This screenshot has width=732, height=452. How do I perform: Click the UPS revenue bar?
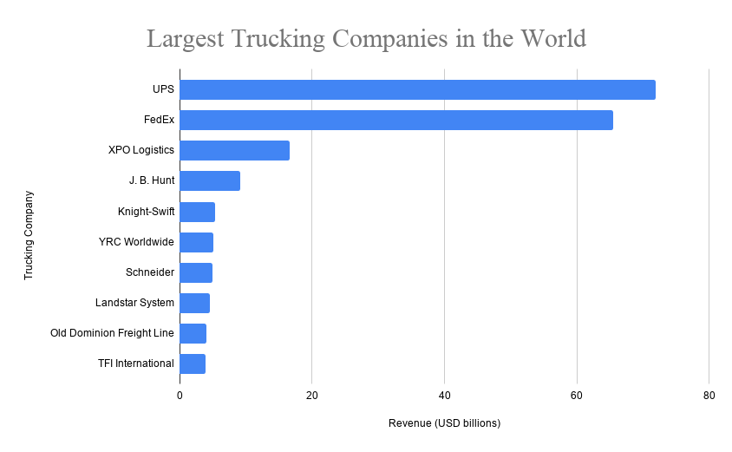click(417, 90)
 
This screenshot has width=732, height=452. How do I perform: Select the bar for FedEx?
click(396, 121)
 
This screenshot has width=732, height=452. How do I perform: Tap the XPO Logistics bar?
click(234, 150)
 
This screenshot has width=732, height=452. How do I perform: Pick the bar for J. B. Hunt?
click(210, 180)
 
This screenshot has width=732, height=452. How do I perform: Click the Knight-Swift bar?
click(197, 212)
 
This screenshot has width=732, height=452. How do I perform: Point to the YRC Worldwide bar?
click(196, 242)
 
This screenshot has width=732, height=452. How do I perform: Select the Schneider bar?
click(196, 272)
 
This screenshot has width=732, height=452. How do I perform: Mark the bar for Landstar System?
click(194, 303)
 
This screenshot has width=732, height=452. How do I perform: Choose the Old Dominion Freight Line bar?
click(193, 333)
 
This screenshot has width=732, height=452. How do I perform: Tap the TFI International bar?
click(193, 364)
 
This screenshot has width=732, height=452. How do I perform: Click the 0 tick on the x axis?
click(180, 395)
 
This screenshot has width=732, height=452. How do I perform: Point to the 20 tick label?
click(312, 395)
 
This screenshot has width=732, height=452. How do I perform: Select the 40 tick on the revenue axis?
click(444, 395)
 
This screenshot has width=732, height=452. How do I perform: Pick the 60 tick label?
click(577, 395)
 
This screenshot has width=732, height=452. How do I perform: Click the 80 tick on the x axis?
click(709, 395)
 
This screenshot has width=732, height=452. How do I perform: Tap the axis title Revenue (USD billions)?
click(444, 423)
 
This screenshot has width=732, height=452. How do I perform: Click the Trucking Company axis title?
click(28, 235)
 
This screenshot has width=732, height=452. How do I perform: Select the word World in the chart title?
click(551, 39)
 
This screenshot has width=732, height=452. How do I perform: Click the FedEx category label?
click(159, 120)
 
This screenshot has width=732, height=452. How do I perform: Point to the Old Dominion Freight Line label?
click(113, 332)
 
